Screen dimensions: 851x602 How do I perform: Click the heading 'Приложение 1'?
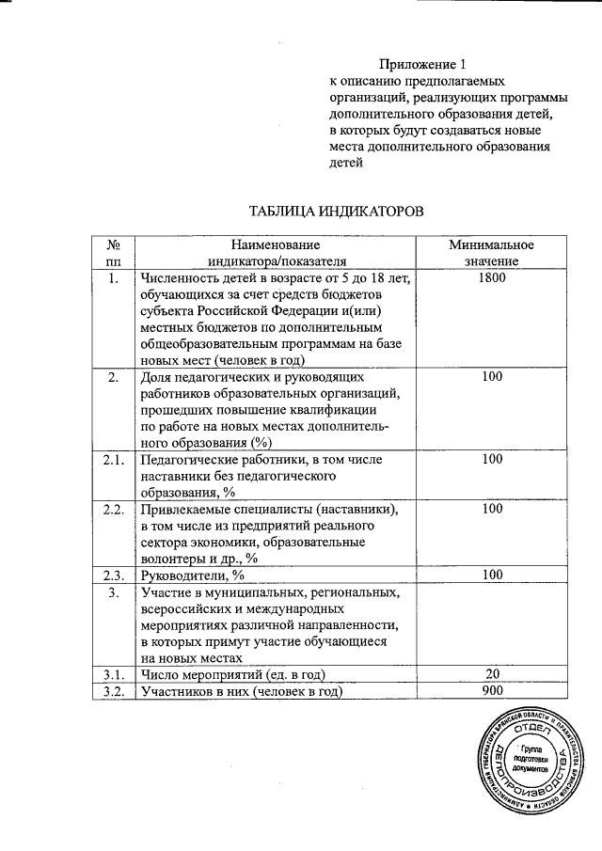422,64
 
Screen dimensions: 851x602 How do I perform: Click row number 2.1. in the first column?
114,460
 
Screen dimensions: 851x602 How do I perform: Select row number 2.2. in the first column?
114,509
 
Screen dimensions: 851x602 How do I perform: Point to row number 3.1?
114,674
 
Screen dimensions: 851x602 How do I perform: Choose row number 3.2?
114,692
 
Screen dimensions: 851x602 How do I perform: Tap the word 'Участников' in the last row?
180,692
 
